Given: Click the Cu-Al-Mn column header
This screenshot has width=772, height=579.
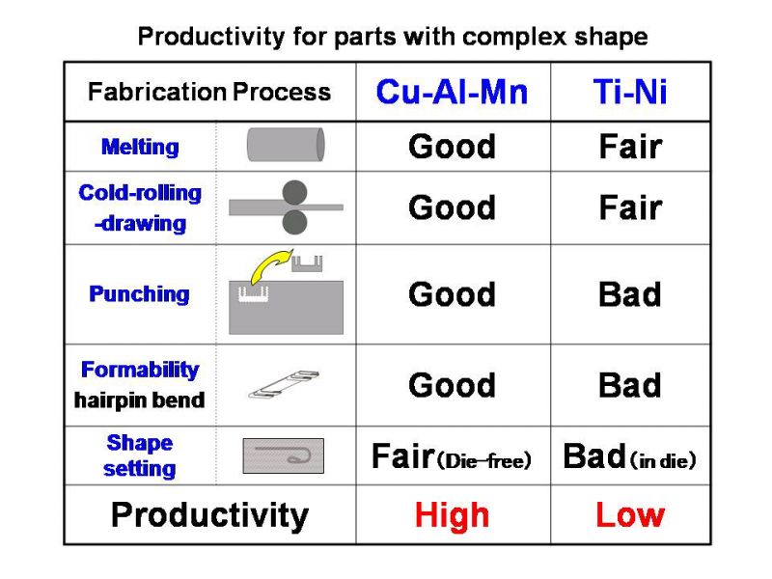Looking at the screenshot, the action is click(x=452, y=92).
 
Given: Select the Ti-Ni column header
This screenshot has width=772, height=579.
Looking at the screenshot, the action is click(x=630, y=92).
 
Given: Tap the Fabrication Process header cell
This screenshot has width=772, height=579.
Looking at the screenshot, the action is click(x=209, y=92).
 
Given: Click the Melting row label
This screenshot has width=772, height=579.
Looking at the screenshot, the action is click(x=140, y=147).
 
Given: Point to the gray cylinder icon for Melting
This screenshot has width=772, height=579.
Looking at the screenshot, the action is click(x=286, y=145).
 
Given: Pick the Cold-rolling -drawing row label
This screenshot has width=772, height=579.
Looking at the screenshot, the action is click(x=140, y=207).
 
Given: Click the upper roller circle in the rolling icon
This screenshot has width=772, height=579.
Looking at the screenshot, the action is click(x=295, y=192).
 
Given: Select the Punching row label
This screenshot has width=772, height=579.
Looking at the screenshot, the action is click(x=139, y=294).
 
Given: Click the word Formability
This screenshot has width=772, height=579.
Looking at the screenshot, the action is click(x=140, y=370).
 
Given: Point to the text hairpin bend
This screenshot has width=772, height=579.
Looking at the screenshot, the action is click(x=139, y=400).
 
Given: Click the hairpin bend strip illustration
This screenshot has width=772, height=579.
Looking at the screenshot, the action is click(x=284, y=384).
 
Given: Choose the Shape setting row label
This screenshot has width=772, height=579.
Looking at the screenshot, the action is click(x=140, y=455).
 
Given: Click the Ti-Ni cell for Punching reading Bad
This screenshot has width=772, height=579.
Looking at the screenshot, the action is click(x=630, y=294).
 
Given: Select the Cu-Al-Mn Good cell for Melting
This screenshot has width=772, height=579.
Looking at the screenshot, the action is click(x=452, y=147).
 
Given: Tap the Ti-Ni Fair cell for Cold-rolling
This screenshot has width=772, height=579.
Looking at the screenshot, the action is click(x=631, y=207).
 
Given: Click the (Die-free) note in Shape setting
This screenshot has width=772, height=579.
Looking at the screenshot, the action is click(x=484, y=461).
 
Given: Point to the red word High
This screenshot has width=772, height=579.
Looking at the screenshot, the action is click(x=452, y=515).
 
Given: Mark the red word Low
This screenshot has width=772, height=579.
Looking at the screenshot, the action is click(x=630, y=515).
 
